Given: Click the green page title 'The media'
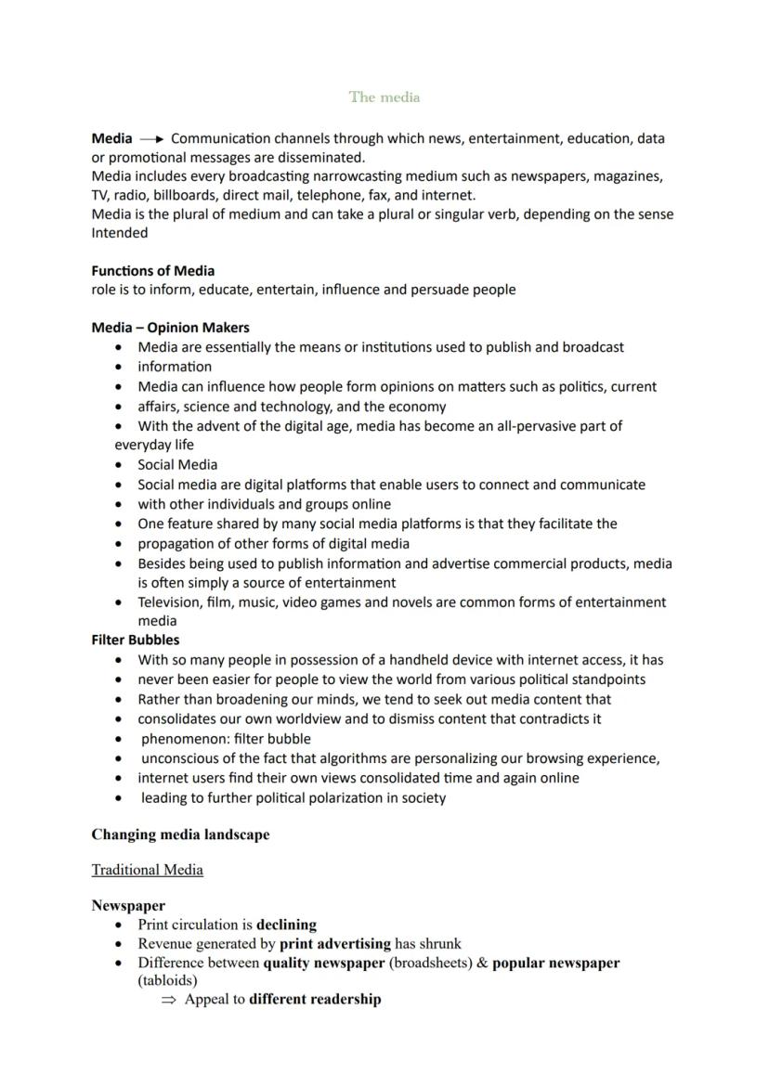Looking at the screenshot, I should (384, 97).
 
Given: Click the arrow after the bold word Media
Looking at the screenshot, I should (151, 139).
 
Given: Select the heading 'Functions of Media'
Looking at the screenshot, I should (152, 271).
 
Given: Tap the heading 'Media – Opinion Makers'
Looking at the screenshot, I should (170, 328).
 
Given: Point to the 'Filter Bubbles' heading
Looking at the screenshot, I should (136, 640).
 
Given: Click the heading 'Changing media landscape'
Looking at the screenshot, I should (180, 835).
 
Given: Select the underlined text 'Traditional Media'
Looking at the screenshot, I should (147, 870).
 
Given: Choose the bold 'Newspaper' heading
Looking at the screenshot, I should (128, 905).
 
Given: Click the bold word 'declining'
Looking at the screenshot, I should (286, 925).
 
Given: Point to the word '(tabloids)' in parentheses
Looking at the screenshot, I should (167, 980).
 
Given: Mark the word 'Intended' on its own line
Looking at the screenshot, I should (119, 233).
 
